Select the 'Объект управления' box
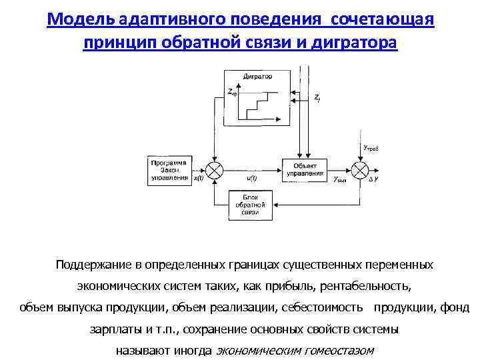pos(305,169)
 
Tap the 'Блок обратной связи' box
pos(250,205)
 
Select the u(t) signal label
pos(252,179)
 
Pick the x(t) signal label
pos(199,179)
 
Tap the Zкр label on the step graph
pos(233,94)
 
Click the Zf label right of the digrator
pos(317,98)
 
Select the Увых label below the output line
pos(339,179)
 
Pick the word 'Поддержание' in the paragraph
pos(93,265)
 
